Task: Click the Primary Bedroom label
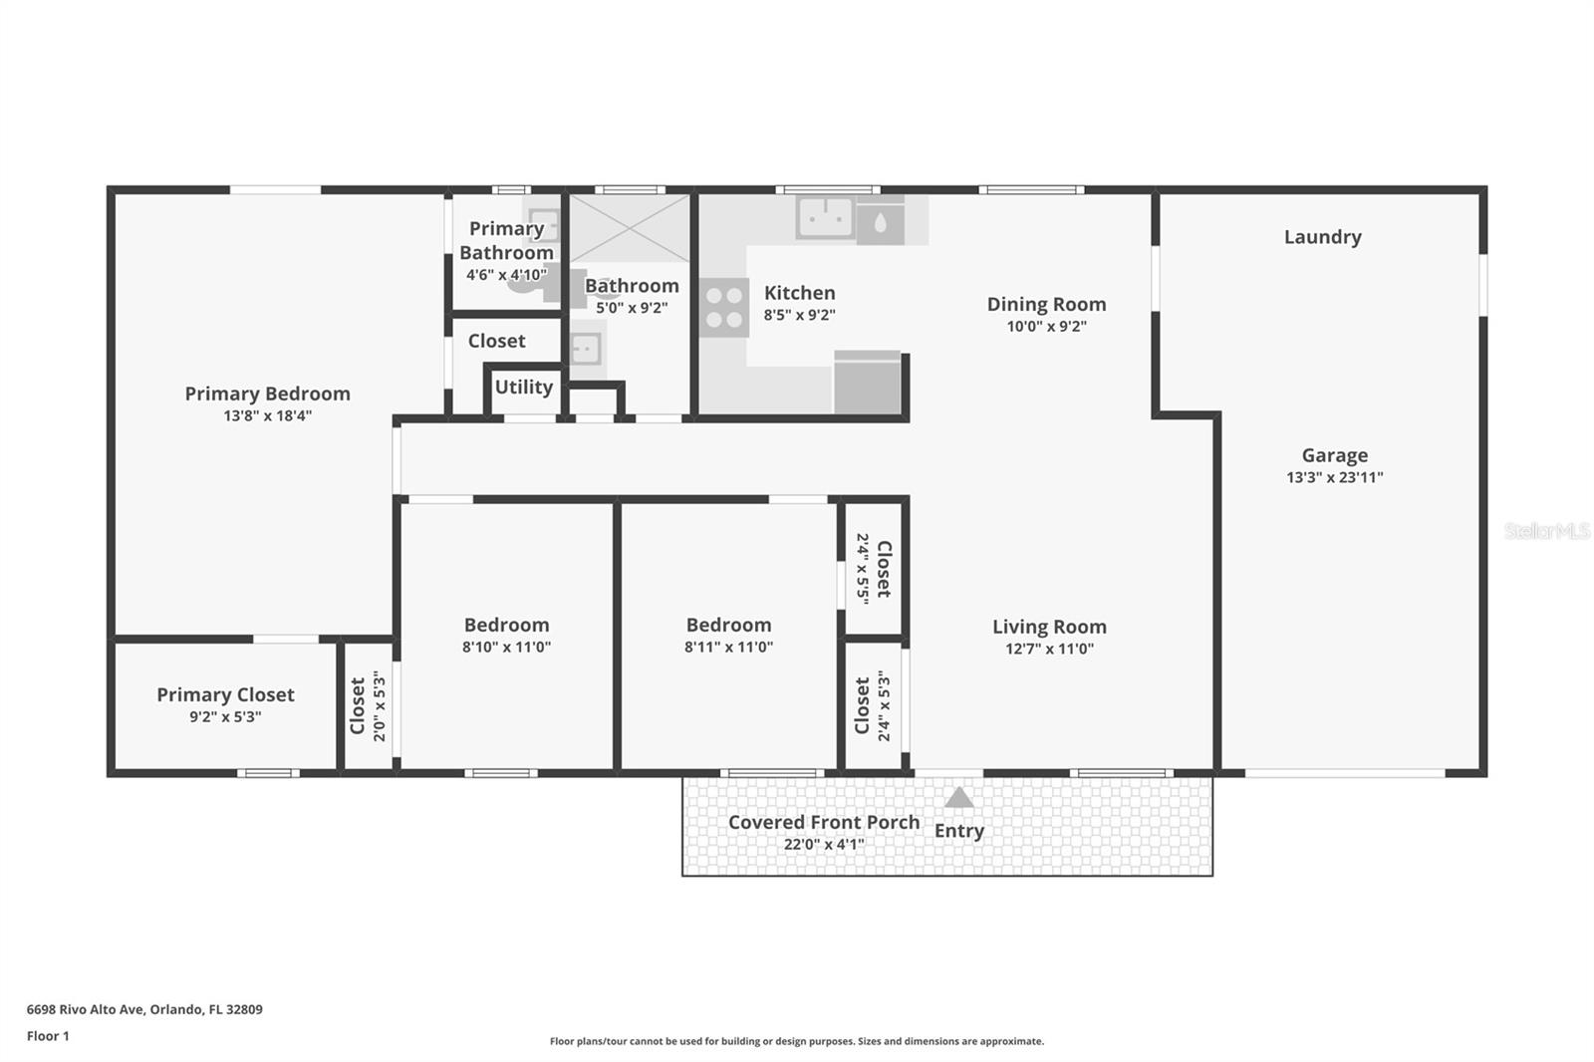tap(268, 394)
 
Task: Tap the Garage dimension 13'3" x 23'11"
tap(1334, 477)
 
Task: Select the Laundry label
tap(1323, 237)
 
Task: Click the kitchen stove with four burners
tap(724, 307)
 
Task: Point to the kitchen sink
tap(825, 216)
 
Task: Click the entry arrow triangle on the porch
tap(958, 797)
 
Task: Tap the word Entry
tap(959, 831)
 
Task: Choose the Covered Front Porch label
tap(824, 822)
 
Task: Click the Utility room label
tap(524, 388)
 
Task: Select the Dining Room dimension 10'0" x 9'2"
tap(1046, 326)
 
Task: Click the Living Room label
tap(1050, 627)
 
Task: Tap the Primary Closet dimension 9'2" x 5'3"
tap(225, 716)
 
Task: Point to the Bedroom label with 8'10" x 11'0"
tap(507, 625)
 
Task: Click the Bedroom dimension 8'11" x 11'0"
tap(728, 647)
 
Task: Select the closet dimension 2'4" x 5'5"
tap(863, 569)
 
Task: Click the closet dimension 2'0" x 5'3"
tap(380, 705)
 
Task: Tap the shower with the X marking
tap(629, 228)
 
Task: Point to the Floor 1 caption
tap(49, 1036)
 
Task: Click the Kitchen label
tap(800, 293)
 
